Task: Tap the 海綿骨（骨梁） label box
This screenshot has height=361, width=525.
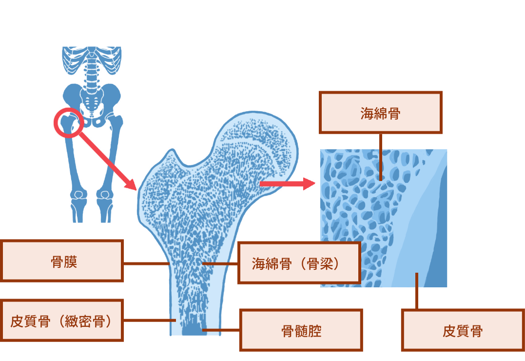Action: (x=299, y=263)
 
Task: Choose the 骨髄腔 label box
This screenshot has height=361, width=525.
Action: (x=301, y=330)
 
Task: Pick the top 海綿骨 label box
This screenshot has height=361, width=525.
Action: (x=381, y=112)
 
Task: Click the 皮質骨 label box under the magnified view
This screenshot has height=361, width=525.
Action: (x=463, y=330)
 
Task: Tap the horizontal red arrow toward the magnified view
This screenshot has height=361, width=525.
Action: (x=287, y=184)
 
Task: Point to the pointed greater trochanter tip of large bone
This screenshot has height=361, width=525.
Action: (x=172, y=150)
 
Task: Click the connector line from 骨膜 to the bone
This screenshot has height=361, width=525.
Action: (x=147, y=264)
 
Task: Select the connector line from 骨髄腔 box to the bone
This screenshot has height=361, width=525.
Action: (x=221, y=330)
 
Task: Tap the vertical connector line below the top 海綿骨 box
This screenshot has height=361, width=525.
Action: (x=381, y=157)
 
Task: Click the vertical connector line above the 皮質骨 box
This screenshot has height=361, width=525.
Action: (x=417, y=291)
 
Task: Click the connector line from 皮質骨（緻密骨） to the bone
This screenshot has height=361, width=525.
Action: (x=150, y=321)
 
